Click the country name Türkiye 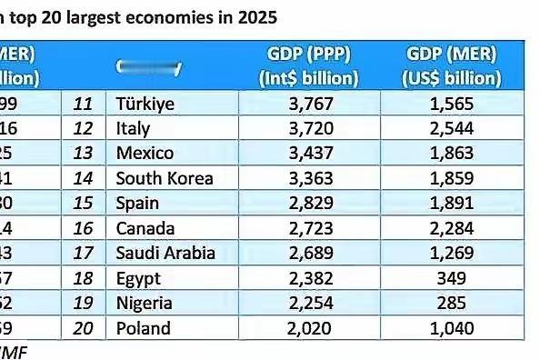tap(145, 105)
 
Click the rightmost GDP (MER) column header tap(452, 65)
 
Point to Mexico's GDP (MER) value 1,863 tap(452, 154)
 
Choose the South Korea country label tap(165, 178)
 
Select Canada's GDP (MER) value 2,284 tap(452, 227)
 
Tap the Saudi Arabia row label tap(165, 252)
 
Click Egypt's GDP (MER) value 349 tap(452, 277)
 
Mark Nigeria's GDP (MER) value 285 tap(452, 302)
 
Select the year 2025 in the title tap(257, 16)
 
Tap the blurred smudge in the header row tap(149, 67)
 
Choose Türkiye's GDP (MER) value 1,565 tap(452, 105)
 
